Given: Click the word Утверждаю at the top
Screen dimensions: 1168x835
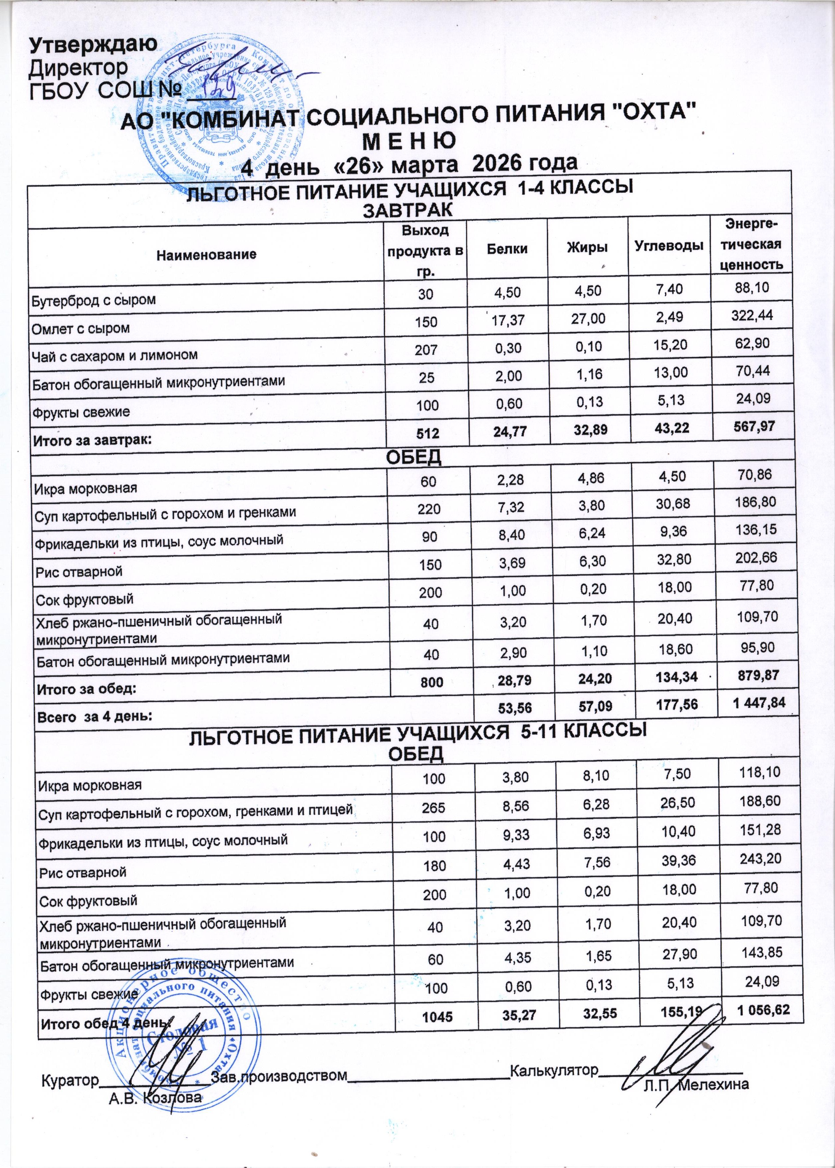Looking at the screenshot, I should [x=93, y=45].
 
